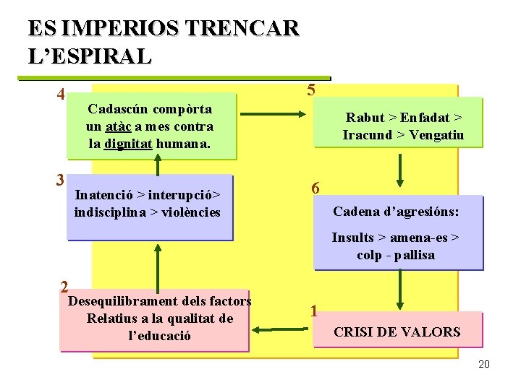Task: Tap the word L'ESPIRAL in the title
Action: tap(90, 56)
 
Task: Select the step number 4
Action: tap(62, 95)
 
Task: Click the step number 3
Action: tap(61, 181)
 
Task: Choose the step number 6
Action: tap(315, 188)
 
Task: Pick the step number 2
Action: tap(64, 286)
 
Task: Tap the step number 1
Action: tap(313, 312)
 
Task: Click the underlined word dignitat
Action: tap(128, 143)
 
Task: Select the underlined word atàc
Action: tap(119, 126)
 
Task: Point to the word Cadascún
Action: tap(118, 109)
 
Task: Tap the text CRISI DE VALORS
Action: tap(397, 332)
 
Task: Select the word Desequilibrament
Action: tap(112, 301)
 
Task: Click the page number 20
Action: tap(484, 364)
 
